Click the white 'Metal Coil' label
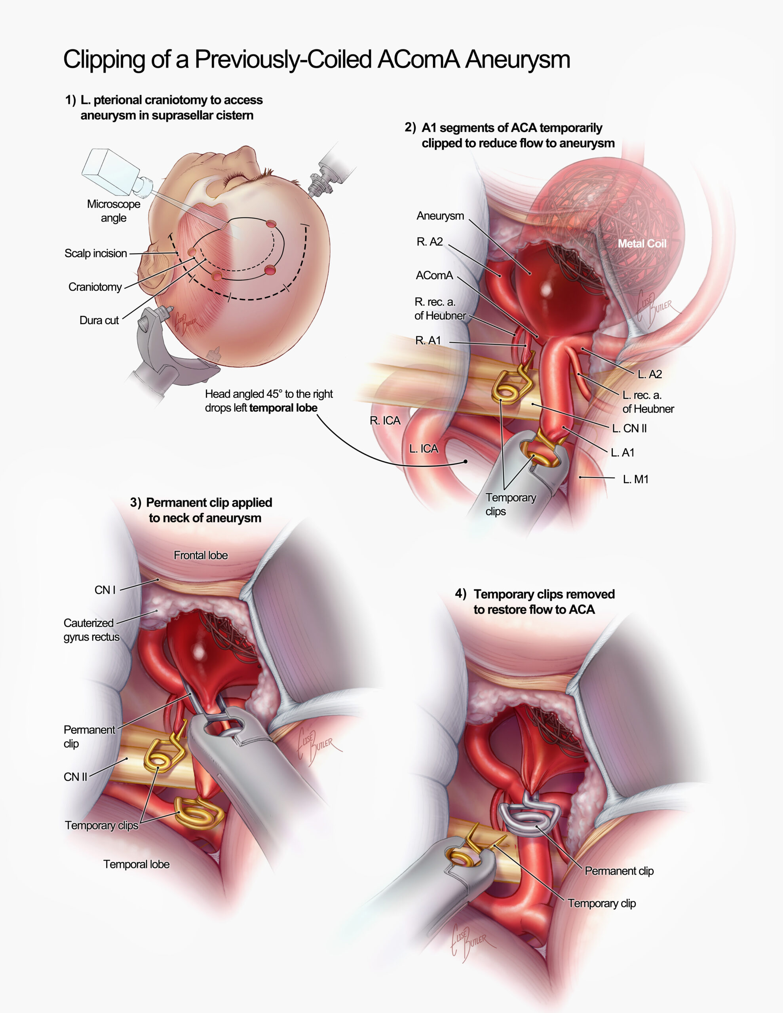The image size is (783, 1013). point(642,243)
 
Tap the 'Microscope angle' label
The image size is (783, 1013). point(113,211)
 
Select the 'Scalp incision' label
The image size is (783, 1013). point(96,253)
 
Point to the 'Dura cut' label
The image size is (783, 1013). point(99,320)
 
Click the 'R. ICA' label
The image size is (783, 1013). point(385,421)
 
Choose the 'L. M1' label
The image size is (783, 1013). point(635,479)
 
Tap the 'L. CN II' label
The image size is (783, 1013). point(629,429)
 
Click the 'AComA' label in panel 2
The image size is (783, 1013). point(434,275)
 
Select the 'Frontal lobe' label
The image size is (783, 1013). point(201,555)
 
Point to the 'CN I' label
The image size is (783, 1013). point(105,590)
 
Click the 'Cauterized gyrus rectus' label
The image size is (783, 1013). point(91,630)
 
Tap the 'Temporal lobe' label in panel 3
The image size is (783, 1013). point(136,864)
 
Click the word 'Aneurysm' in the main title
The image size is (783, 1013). point(517,60)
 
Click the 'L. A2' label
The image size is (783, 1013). point(650,374)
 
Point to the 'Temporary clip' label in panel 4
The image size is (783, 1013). point(602,903)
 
